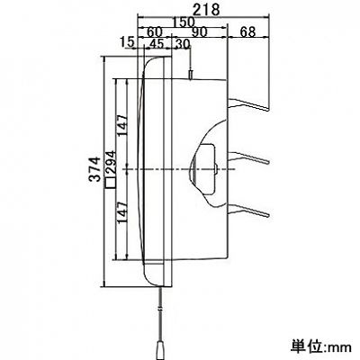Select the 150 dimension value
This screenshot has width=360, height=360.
[x=184, y=22]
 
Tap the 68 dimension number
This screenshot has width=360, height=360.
[x=247, y=31]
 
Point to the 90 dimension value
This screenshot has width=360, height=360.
[x=199, y=31]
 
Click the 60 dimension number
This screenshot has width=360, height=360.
[x=154, y=31]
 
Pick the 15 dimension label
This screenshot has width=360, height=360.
[x=126, y=42]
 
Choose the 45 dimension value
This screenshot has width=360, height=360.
[x=157, y=44]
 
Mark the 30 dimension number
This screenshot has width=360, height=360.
[x=183, y=44]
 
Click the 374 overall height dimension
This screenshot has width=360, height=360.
[x=94, y=169]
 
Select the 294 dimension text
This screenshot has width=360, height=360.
[x=111, y=163]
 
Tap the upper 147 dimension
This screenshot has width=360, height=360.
[x=122, y=125]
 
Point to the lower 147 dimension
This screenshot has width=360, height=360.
[x=122, y=212]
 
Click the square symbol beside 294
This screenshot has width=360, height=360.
[x=111, y=183]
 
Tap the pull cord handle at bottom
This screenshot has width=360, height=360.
[x=159, y=350]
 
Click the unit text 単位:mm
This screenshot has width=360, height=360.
[x=320, y=346]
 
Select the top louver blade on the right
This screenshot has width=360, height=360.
[x=248, y=103]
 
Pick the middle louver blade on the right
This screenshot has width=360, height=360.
[x=249, y=157]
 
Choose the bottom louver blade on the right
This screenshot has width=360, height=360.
[x=249, y=210]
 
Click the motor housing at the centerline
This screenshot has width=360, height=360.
[x=202, y=169]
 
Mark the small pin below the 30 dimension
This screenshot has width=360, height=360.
[x=190, y=75]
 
